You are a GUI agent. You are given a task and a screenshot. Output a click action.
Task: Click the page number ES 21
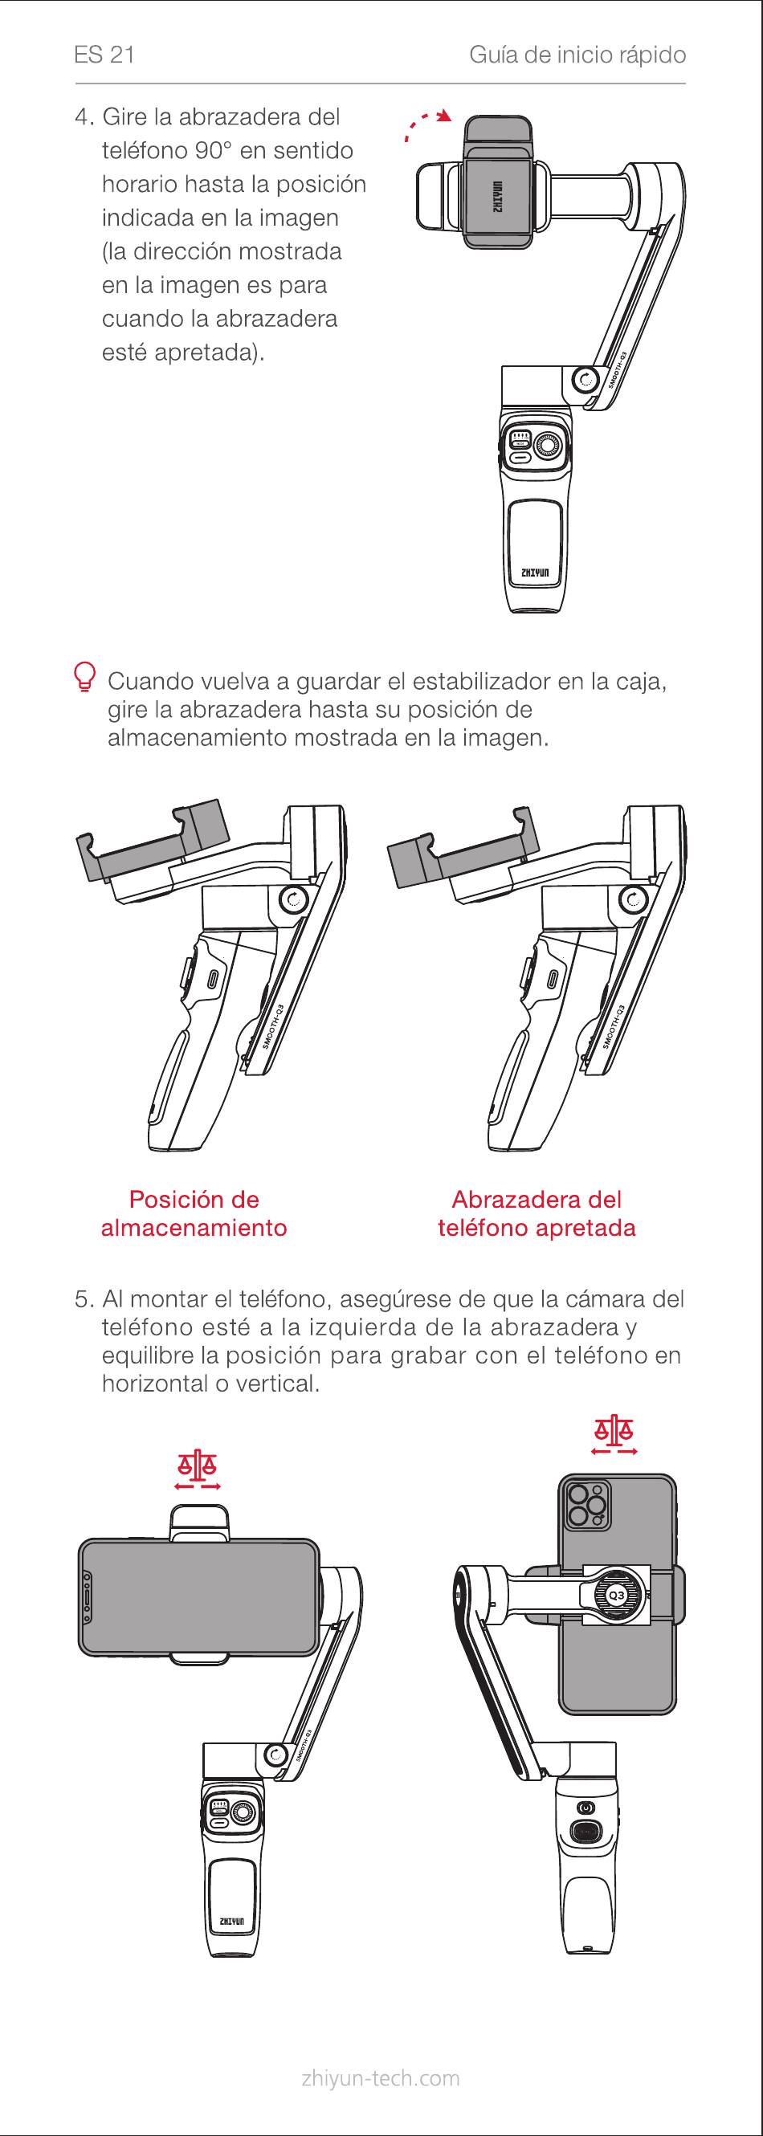click(x=104, y=55)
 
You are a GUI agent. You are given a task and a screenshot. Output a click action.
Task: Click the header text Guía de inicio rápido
click(x=577, y=55)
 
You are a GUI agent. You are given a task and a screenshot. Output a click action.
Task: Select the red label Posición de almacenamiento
click(x=194, y=1213)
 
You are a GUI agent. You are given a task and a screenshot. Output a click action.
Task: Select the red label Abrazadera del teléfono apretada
click(x=537, y=1213)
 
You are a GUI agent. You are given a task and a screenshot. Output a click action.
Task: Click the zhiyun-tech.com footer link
click(x=381, y=2078)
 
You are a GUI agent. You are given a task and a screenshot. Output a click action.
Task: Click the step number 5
click(x=83, y=1298)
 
